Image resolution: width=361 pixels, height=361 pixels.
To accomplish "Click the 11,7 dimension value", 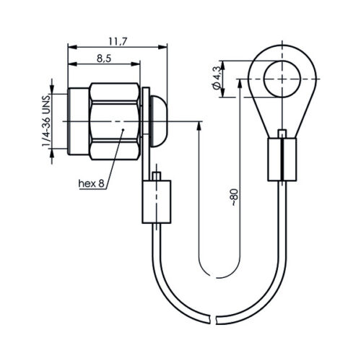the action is tap(118, 42).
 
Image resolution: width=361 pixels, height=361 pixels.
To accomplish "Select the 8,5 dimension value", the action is tap(104, 58).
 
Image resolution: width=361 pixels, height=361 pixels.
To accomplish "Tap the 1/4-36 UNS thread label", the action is tap(46, 121).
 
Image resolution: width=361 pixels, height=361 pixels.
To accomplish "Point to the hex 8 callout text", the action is tap(92, 183).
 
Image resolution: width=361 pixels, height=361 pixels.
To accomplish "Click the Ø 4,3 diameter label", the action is tap(217, 78).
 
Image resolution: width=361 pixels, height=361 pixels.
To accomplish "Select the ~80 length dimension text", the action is tap(235, 197).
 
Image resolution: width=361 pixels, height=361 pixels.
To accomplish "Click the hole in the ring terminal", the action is tap(282, 79).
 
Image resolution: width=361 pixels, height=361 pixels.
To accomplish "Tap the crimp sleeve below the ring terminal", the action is tap(282, 160).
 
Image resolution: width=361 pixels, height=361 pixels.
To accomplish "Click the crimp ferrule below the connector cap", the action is tap(157, 201).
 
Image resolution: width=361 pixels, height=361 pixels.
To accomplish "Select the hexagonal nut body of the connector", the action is tap(115, 121).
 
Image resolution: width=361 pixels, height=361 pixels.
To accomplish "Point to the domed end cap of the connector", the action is tap(158, 121).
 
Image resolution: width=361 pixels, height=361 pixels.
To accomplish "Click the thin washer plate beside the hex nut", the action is tap(146, 110).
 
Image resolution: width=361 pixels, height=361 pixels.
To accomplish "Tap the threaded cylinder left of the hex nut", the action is tap(79, 121).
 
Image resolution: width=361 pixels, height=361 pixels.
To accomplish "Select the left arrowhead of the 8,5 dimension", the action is tap(72, 64).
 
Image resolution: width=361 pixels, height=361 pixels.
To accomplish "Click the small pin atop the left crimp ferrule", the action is tap(157, 176).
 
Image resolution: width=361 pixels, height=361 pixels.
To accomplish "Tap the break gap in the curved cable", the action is tap(214, 319).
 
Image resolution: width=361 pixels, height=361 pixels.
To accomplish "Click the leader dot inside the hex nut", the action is tap(123, 130).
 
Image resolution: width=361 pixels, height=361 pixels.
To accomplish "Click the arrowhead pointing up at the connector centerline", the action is tap(199, 126).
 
